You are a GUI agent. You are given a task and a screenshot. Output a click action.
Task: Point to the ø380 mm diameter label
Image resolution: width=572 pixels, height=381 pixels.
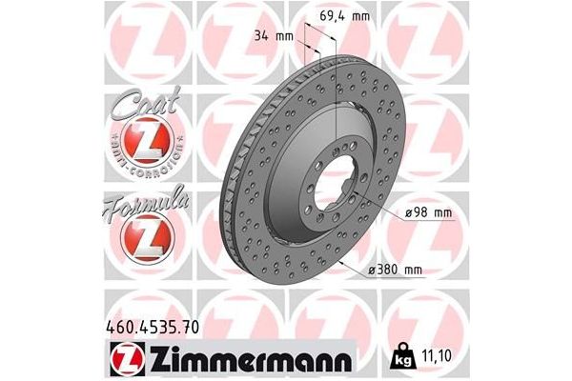click(394, 271)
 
